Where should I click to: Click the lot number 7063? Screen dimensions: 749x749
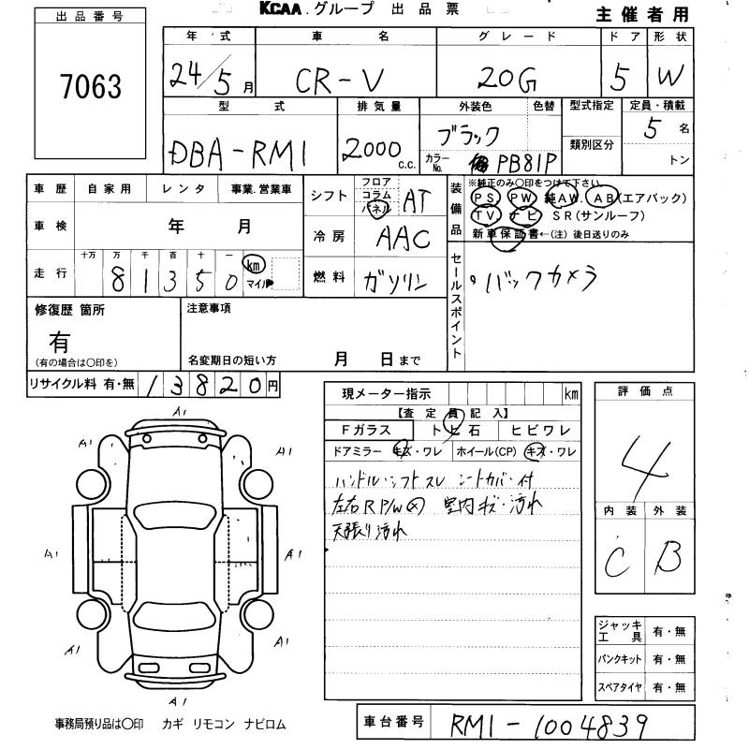click(91, 87)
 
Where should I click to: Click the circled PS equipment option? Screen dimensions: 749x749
click(485, 198)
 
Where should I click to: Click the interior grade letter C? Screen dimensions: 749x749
click(616, 561)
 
